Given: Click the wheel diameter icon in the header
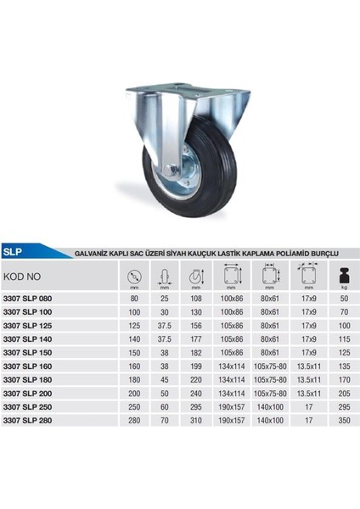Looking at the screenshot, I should [134, 276].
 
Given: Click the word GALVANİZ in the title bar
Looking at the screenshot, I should [94, 253].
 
